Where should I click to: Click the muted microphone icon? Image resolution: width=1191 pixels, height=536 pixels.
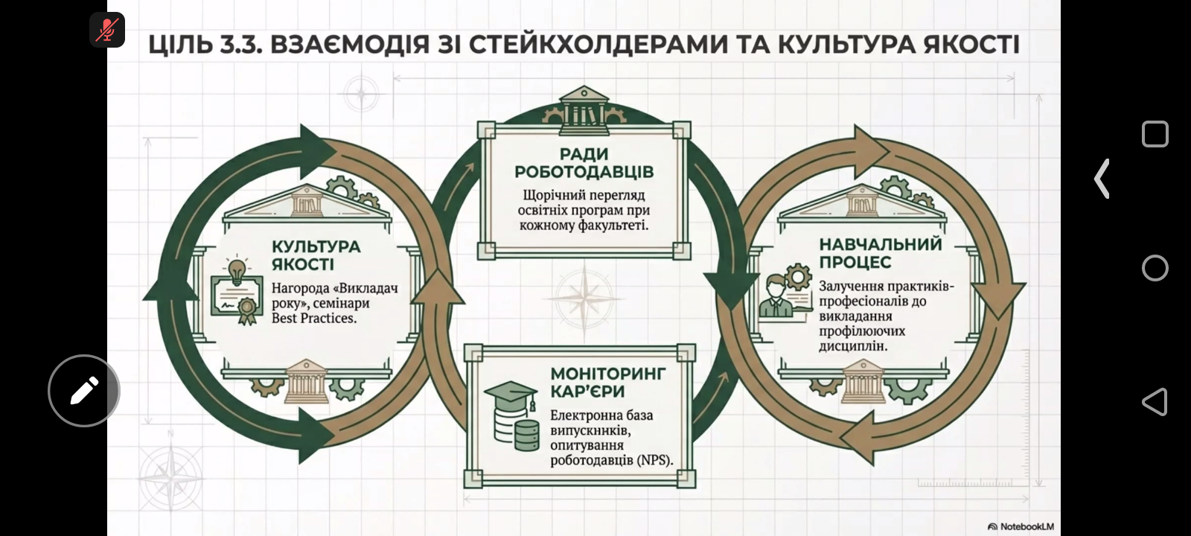coord(107,30)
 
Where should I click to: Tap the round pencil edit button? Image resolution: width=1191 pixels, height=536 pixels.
coord(84,390)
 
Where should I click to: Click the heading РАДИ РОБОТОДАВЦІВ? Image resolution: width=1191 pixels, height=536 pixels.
coord(584,163)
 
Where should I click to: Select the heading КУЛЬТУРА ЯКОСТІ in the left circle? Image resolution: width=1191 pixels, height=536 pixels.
coord(316,255)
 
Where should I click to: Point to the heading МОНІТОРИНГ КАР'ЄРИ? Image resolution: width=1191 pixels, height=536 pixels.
coord(608,383)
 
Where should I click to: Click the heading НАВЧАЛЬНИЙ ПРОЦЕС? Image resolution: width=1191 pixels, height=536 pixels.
coord(881,253)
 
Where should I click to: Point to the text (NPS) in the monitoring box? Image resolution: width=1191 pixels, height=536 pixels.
coord(654,460)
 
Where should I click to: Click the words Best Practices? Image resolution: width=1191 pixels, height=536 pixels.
coord(313,318)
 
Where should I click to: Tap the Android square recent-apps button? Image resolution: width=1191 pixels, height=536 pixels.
coord(1155,135)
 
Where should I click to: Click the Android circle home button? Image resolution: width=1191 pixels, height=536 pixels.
coord(1155,268)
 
